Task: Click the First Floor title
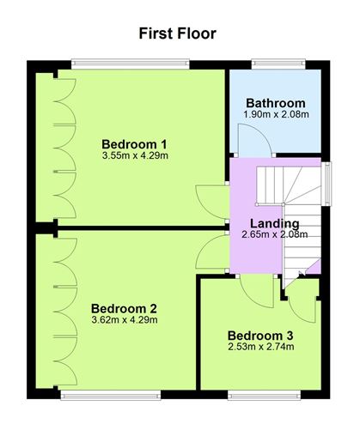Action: click(x=177, y=33)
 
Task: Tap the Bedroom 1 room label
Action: click(x=134, y=144)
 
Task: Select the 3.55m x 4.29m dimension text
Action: click(x=135, y=155)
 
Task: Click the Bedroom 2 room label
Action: click(x=124, y=309)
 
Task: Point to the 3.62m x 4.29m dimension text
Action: click(x=125, y=319)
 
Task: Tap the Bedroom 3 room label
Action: click(x=260, y=336)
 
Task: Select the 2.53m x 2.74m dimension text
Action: click(x=261, y=347)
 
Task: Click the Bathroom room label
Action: click(x=276, y=103)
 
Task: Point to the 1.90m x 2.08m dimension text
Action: click(x=276, y=114)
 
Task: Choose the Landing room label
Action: click(x=275, y=223)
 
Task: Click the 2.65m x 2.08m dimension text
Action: click(x=275, y=234)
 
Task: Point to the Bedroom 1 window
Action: click(x=131, y=64)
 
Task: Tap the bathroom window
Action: click(x=278, y=64)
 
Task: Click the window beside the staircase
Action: click(x=326, y=184)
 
